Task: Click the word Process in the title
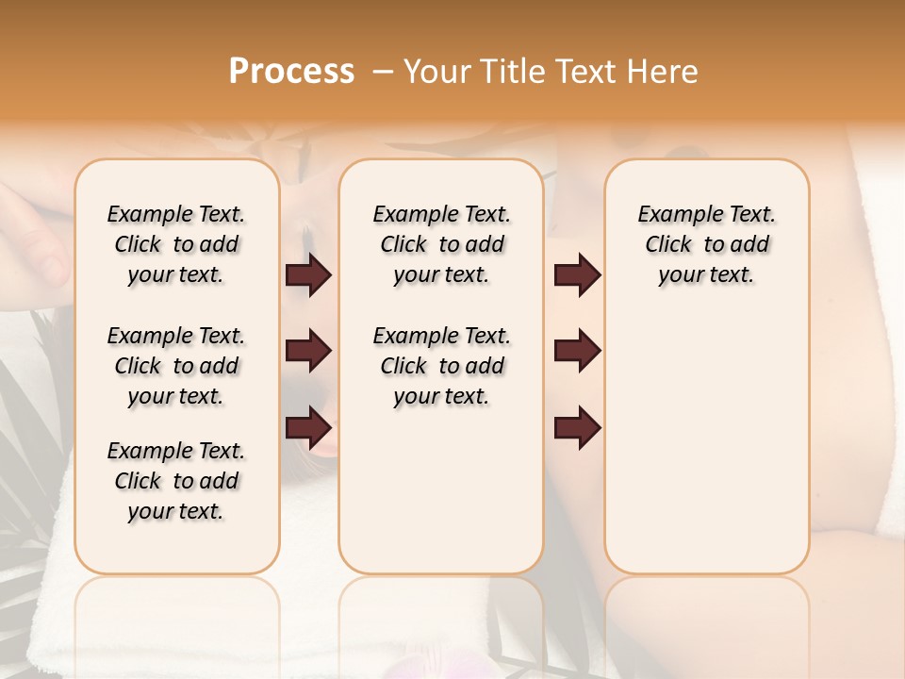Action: coord(291,72)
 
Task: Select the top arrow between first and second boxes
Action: coord(308,275)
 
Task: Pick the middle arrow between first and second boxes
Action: coord(308,352)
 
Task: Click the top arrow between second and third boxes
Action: coord(578,275)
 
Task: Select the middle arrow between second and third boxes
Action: coord(578,352)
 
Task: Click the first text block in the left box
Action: coord(176,244)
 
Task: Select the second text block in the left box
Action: coord(176,366)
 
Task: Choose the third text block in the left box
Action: coord(176,481)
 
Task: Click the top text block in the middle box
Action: coord(441,244)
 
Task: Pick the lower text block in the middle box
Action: coord(441,366)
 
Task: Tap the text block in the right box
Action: coord(706,244)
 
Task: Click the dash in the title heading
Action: coord(383,72)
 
